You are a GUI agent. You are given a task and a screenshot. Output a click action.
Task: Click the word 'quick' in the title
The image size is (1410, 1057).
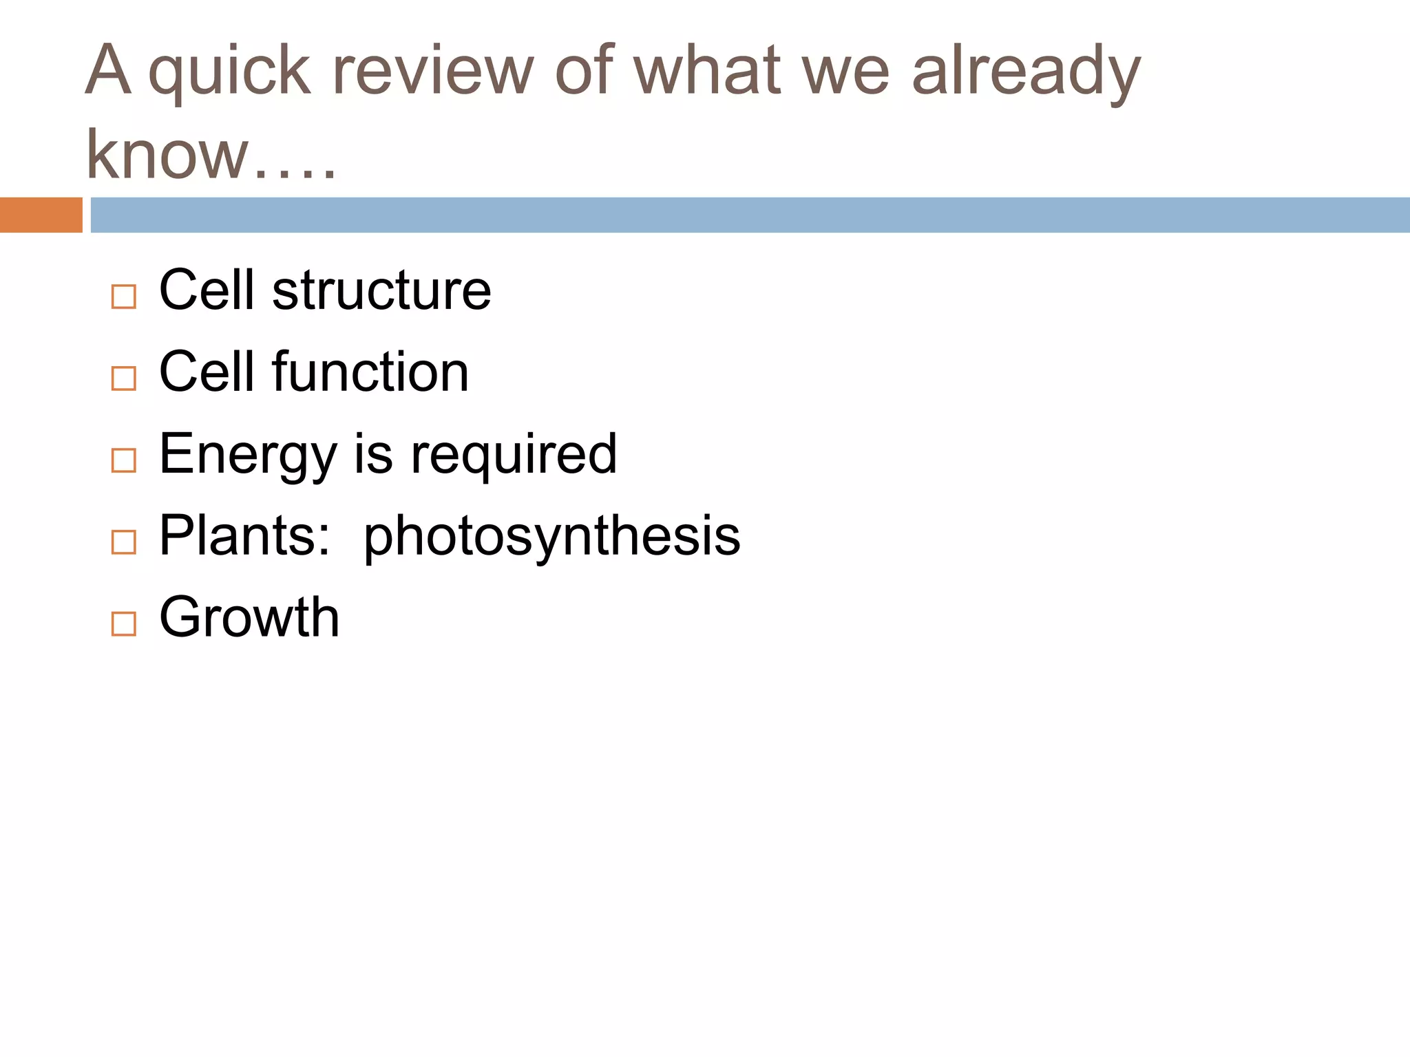tap(229, 72)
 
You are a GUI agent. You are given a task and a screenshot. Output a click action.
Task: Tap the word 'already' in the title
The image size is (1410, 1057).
tap(1026, 72)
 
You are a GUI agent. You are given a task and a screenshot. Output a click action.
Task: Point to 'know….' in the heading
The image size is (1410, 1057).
tap(210, 155)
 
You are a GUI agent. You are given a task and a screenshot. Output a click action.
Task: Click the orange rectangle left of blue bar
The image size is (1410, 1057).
tap(41, 215)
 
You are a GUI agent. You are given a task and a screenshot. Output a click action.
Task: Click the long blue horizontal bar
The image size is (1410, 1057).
tap(750, 215)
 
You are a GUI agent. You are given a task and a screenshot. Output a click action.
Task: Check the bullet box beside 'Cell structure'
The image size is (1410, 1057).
tap(124, 297)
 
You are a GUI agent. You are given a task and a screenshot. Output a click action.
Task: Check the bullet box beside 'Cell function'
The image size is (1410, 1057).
tap(124, 378)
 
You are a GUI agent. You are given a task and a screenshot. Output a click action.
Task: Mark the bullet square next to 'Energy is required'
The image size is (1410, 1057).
tap(124, 460)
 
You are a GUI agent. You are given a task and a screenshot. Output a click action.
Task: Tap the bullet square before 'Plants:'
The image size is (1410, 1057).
tap(124, 542)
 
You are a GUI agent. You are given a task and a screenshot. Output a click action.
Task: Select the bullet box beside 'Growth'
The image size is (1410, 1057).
tap(124, 623)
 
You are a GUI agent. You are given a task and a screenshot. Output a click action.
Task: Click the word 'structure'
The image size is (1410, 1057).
tap(381, 290)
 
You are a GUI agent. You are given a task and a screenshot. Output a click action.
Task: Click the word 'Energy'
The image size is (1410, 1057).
tap(248, 455)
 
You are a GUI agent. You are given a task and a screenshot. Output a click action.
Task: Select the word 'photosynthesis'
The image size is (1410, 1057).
tap(551, 537)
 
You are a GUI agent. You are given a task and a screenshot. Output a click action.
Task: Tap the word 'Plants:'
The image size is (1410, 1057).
tap(244, 535)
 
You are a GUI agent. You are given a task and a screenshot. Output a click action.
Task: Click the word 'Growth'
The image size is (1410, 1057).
tap(249, 617)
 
